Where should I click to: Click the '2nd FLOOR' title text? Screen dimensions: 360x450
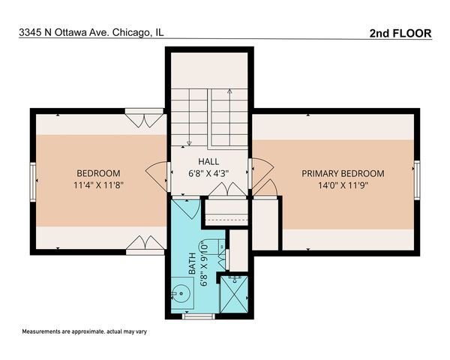[x=401, y=33]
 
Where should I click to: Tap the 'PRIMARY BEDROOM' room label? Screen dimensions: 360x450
[x=343, y=173]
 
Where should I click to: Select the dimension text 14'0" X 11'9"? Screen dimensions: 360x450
[x=343, y=184]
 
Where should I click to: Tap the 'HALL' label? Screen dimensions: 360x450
[x=208, y=161]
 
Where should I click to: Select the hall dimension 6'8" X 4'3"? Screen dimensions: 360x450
[x=208, y=172]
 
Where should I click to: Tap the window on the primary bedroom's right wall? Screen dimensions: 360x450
[x=417, y=180]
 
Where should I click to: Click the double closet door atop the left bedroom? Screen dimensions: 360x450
[x=143, y=117]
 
